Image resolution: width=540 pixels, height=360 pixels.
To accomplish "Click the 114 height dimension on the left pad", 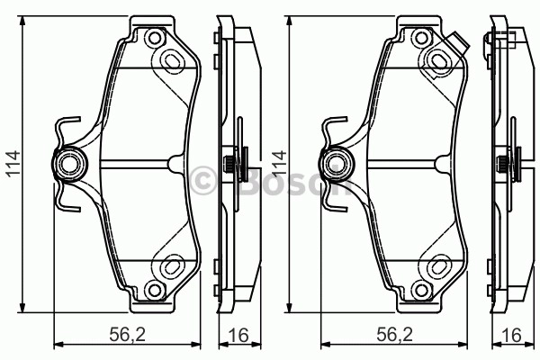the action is (13, 164).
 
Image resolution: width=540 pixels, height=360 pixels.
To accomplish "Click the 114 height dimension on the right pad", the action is (279, 163).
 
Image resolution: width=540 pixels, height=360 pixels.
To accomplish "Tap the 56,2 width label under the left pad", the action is (128, 334).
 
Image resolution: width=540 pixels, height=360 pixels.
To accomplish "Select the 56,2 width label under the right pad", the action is (395, 334).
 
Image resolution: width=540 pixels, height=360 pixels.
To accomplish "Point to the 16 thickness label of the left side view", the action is (238, 335).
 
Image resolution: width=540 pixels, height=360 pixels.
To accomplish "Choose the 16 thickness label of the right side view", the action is (511, 335).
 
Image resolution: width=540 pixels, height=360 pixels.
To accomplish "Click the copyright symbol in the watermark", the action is (202, 180).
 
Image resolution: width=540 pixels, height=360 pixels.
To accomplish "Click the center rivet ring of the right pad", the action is (335, 164).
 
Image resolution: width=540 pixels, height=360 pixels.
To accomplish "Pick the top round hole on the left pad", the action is (154, 38).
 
